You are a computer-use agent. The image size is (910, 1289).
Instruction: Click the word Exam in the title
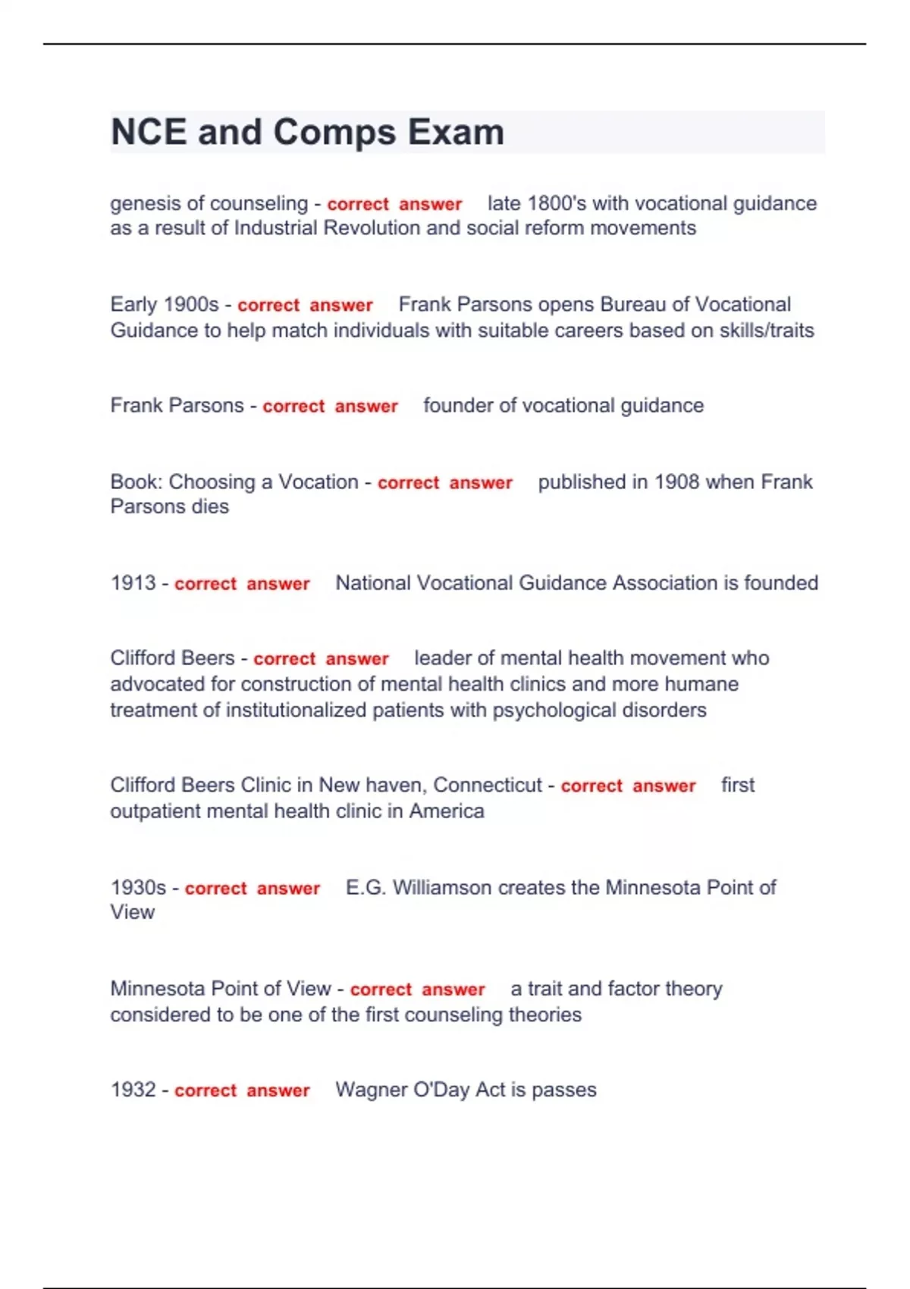[456, 132]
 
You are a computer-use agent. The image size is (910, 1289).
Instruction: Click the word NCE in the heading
[149, 132]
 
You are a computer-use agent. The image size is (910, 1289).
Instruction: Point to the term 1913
[133, 583]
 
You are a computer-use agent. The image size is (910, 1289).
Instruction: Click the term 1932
[133, 1090]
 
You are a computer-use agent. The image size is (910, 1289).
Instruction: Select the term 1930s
[138, 887]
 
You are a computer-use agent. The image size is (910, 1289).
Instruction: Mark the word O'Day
[441, 1090]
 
